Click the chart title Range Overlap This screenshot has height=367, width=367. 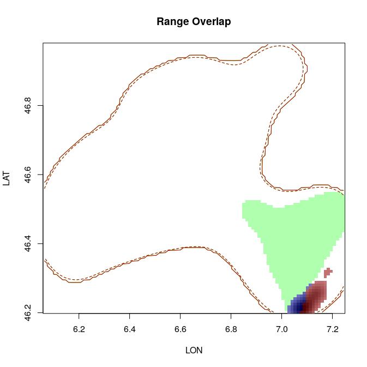pos(194,22)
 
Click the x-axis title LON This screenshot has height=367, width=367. pos(194,351)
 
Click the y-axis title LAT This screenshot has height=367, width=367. pos(7,178)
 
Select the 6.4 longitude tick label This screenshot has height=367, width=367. pos(129,329)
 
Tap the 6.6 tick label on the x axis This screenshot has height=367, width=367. pos(180,329)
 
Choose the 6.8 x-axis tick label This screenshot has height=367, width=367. pos(231,329)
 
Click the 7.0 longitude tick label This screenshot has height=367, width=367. pos(281,329)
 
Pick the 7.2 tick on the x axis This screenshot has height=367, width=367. pos(332,329)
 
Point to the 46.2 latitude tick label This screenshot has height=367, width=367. pos(28,312)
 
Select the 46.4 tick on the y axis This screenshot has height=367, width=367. pos(28,244)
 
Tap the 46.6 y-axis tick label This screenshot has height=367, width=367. pos(28,175)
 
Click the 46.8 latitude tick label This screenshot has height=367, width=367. pos(28,106)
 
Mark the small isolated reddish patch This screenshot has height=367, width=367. pos(328,272)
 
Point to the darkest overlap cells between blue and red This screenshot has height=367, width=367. pos(306,307)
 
